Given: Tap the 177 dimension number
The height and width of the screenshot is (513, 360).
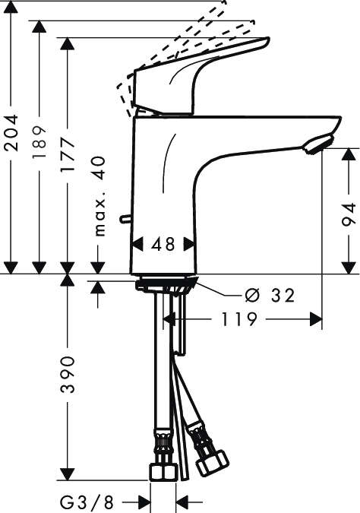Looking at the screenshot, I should (68, 157).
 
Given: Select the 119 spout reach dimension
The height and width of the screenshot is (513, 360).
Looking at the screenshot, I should (240, 319).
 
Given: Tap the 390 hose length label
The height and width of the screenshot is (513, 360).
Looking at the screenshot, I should (68, 375).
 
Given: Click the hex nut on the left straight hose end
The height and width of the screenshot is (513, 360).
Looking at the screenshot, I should (163, 471).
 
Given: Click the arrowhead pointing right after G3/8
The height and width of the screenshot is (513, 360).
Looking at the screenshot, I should (145, 502).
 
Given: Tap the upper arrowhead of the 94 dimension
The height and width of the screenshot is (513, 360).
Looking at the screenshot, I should (347, 155).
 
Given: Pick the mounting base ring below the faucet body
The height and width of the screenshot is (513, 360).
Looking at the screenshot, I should (166, 286).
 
